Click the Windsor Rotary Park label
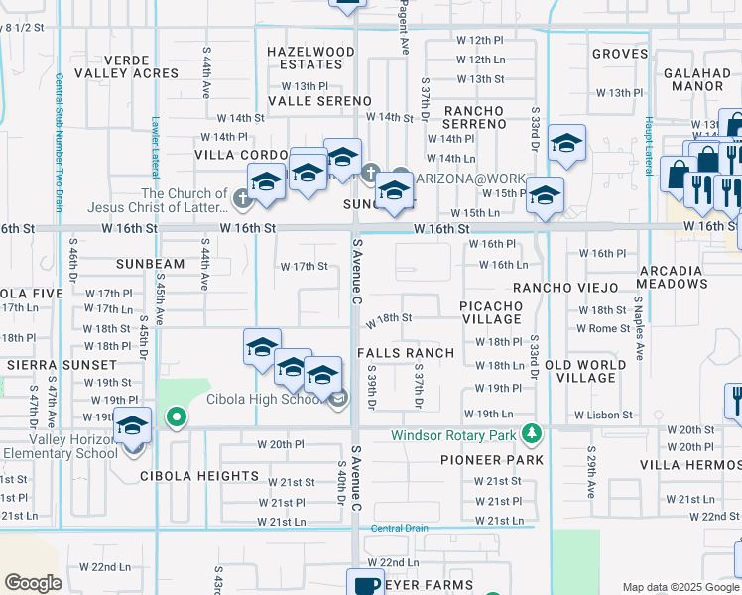coord(454,434)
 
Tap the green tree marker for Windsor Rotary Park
coord(533,433)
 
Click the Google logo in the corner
coord(34,583)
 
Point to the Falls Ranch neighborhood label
coord(405,353)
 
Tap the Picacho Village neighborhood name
coord(492,312)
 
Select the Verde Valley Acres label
coord(140,65)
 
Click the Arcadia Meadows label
coord(683,277)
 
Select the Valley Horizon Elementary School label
coord(58,446)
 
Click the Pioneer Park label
coord(492,460)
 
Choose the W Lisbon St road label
coord(603,415)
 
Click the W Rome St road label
coord(602,328)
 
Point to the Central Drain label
coord(398,529)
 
